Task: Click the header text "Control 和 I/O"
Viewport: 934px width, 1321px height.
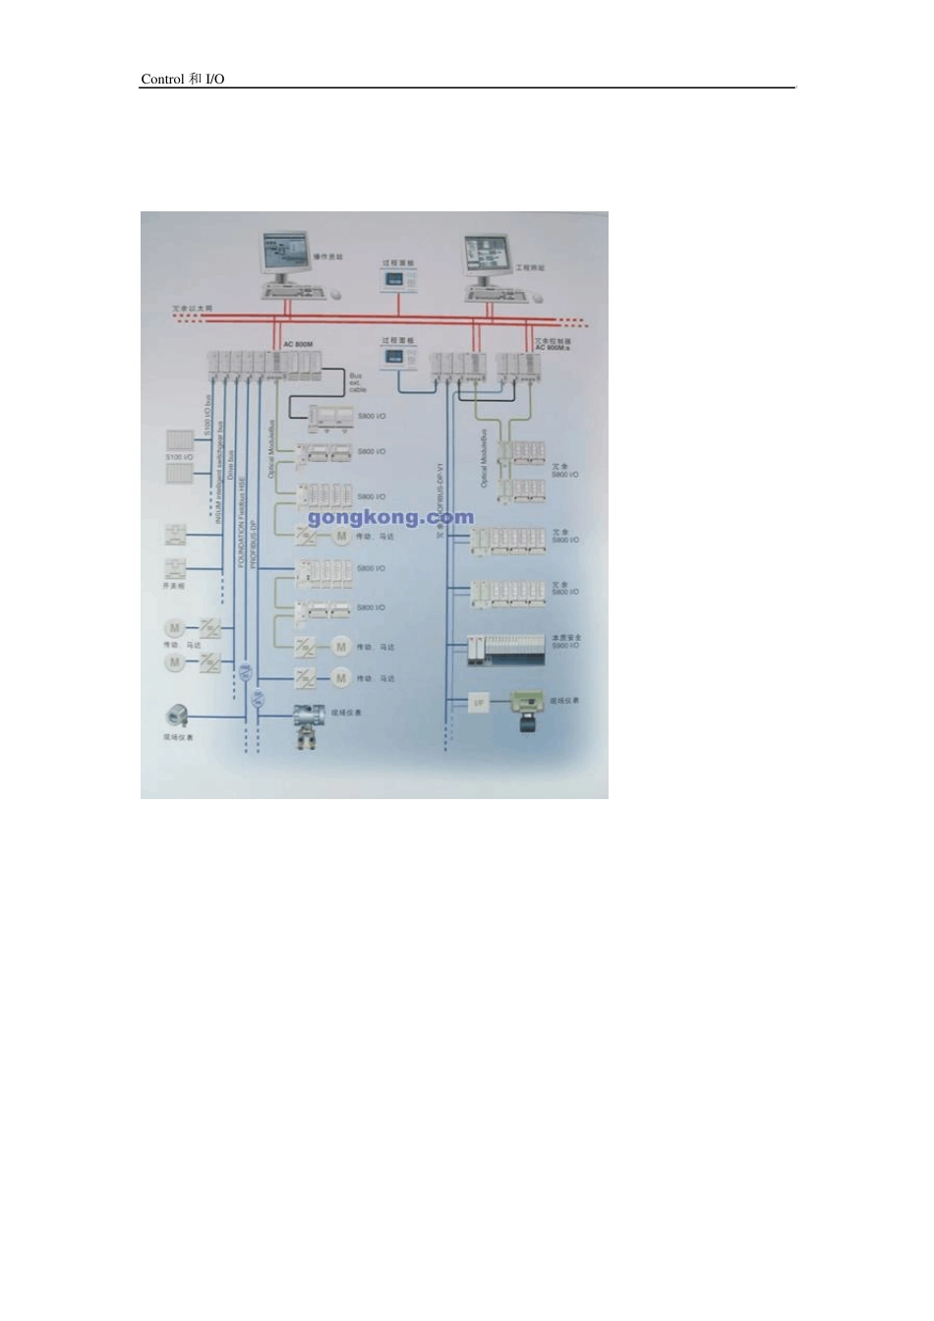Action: (x=183, y=79)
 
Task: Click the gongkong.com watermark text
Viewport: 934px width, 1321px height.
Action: (x=390, y=517)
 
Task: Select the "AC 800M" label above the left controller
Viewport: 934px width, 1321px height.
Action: (x=297, y=344)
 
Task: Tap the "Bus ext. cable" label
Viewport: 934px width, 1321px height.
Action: (x=358, y=382)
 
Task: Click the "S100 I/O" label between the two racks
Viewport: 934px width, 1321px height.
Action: (x=180, y=458)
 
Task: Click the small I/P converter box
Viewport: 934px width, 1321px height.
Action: (x=479, y=703)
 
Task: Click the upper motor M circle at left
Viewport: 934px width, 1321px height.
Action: (x=173, y=627)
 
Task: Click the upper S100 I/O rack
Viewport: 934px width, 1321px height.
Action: (x=179, y=440)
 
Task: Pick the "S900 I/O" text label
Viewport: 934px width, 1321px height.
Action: (x=566, y=646)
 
